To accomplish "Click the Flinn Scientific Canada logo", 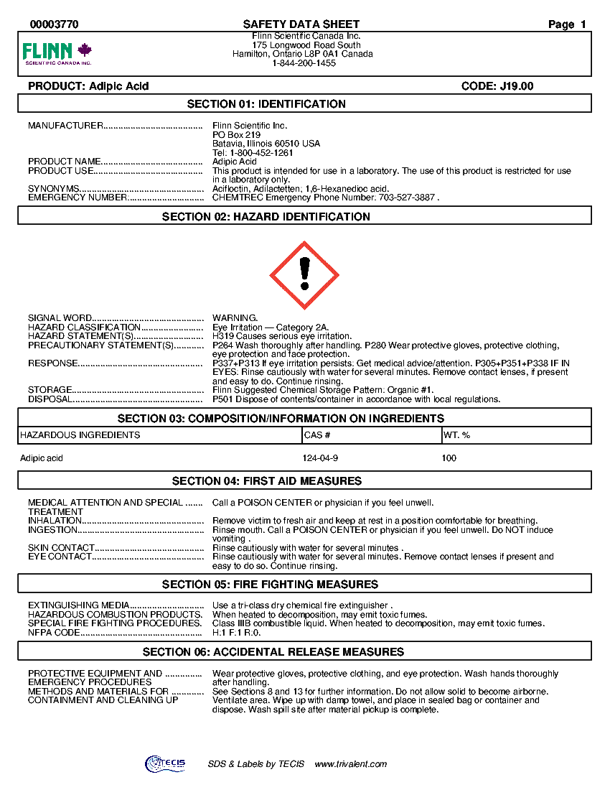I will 57,54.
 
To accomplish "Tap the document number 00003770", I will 54,24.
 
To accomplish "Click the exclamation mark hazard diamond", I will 304,275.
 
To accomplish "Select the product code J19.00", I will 497,86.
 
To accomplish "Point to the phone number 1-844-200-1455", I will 304,63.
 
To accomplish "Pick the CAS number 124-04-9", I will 320,458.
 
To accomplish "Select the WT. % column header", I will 457,435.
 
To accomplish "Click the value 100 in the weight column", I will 449,458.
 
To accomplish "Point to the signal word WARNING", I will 235,318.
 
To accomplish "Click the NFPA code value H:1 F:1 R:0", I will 236,633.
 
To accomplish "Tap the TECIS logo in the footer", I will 165,763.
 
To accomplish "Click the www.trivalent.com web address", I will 351,764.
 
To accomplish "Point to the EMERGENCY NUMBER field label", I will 78,197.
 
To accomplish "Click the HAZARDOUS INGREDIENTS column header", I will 80,435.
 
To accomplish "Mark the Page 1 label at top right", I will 567,24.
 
